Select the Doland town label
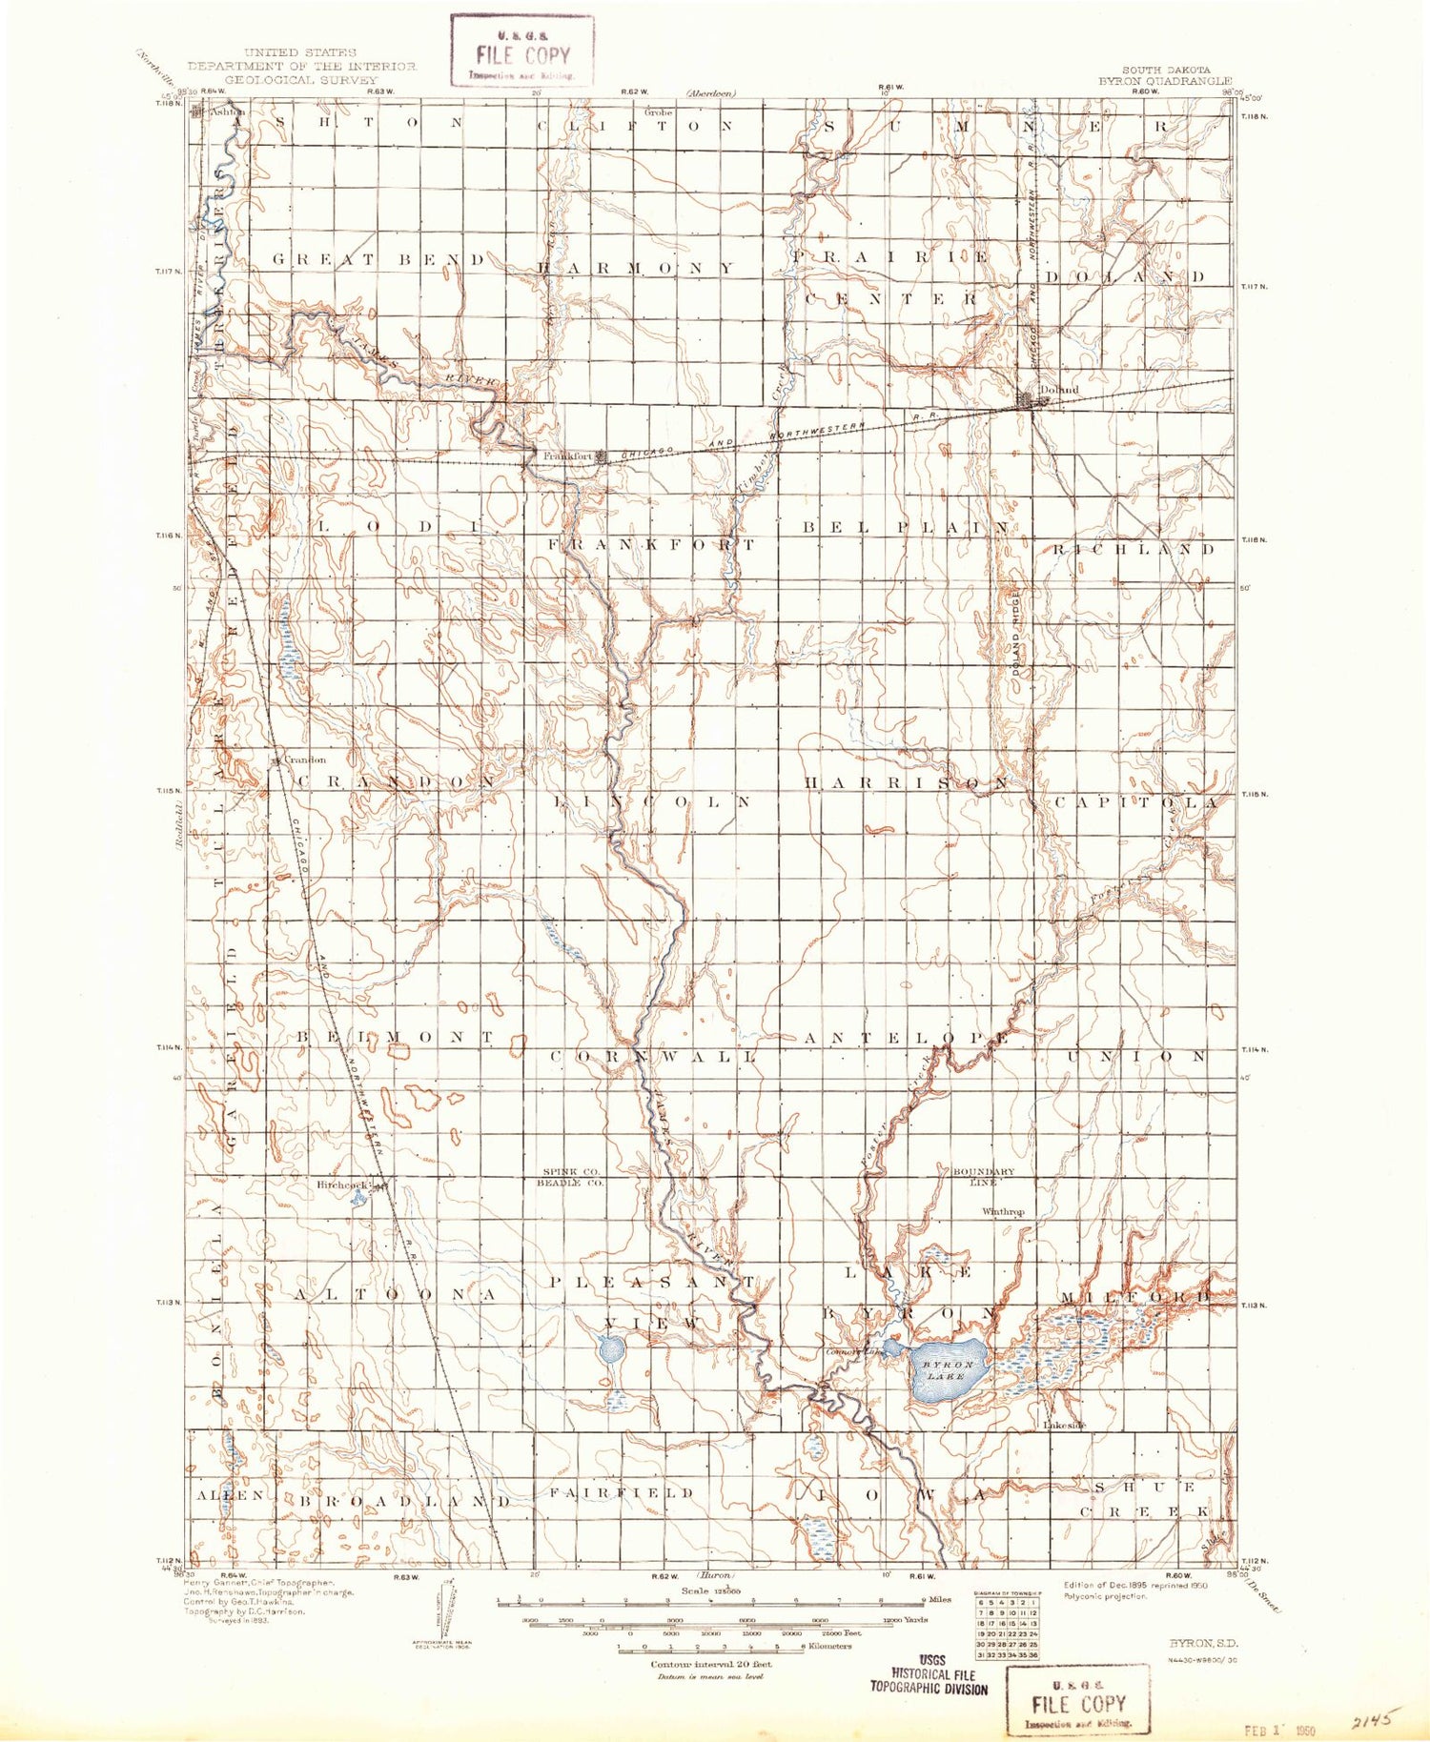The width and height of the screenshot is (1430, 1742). click(1059, 389)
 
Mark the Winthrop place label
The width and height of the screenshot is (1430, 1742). click(1003, 1212)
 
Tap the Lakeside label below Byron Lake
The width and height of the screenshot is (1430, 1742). click(1065, 1425)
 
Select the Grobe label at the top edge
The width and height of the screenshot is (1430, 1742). click(658, 111)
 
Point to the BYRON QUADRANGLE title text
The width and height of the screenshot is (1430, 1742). click(1165, 82)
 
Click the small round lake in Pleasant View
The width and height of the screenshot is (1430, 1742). click(611, 1349)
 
